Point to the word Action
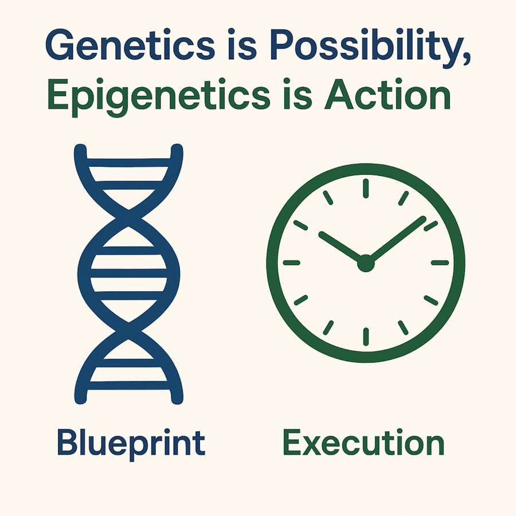[x=387, y=94]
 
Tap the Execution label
[x=363, y=441]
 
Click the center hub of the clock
[x=366, y=263]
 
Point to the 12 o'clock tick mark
[x=366, y=188]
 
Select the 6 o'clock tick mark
[x=366, y=337]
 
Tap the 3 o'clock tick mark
[x=440, y=263]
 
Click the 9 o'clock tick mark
[x=292, y=263]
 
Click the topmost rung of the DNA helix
[x=128, y=163]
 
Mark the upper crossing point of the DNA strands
[x=128, y=218]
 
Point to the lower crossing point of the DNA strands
[x=128, y=330]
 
